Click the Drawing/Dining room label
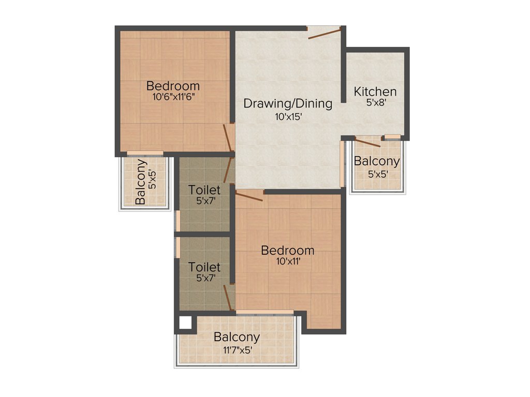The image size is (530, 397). (288, 103)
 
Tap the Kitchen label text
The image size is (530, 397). (375, 91)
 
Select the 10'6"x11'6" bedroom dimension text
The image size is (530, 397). (173, 96)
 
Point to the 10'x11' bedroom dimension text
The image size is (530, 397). (287, 262)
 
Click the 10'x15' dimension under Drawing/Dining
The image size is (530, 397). (288, 117)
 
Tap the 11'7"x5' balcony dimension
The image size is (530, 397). (237, 350)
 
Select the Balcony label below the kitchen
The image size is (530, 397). (376, 161)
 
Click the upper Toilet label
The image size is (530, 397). (204, 189)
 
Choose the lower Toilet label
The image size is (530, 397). (204, 267)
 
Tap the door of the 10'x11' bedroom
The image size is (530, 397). (249, 195)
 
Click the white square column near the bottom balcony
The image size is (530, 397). (183, 323)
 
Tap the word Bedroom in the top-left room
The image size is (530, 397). (173, 86)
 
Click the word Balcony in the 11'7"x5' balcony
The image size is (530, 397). (237, 337)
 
